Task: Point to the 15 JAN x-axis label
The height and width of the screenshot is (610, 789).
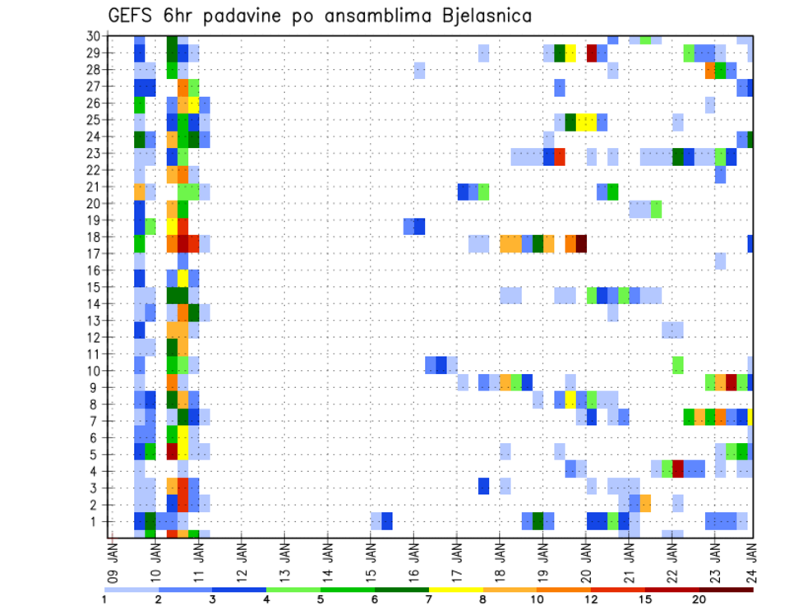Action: (371, 559)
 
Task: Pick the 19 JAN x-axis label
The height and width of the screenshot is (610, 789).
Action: (543, 559)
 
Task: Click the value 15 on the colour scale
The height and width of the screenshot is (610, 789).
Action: (645, 599)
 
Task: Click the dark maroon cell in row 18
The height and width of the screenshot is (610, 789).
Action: (581, 243)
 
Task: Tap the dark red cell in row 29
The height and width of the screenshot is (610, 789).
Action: (592, 53)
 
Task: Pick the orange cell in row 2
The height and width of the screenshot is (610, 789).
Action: (646, 502)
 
